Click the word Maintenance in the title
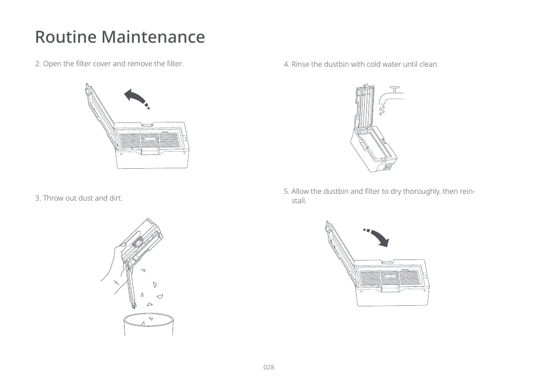point(153,36)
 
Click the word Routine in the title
point(66,36)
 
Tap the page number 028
point(268,367)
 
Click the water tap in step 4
point(391,95)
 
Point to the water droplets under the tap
point(382,110)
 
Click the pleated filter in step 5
point(390,277)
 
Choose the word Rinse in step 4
point(300,64)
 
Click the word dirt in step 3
point(116,198)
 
